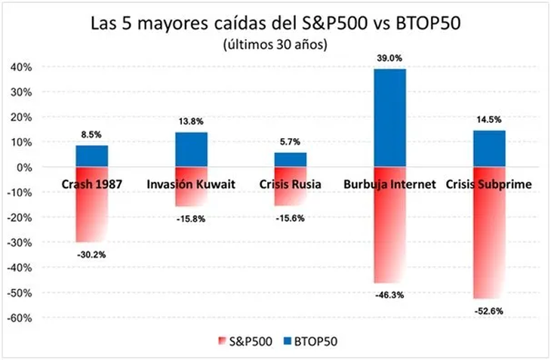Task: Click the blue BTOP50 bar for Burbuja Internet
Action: click(389, 118)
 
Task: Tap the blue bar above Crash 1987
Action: click(91, 155)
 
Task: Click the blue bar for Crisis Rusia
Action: click(290, 159)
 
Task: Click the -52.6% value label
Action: click(490, 310)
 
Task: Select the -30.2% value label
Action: click(91, 254)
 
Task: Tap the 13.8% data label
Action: click(192, 121)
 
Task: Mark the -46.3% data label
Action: click(389, 295)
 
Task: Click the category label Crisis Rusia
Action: click(290, 183)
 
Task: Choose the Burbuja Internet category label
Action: click(389, 183)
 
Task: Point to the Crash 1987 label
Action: click(91, 183)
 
